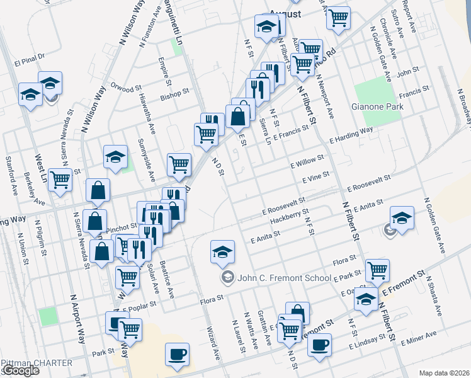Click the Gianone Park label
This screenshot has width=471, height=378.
(x=377, y=106)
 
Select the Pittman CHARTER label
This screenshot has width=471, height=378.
(x=37, y=363)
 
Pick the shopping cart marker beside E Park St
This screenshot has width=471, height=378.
(x=377, y=270)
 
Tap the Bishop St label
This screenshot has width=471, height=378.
(x=174, y=94)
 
